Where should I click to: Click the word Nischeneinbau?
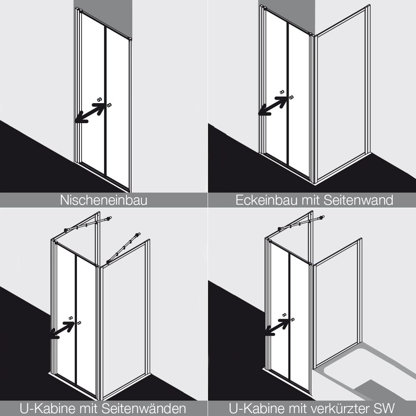click(104, 201)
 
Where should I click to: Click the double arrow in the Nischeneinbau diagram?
click(90, 113)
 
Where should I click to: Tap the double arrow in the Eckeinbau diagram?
click(273, 106)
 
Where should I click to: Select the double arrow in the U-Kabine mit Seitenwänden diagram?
click(62, 330)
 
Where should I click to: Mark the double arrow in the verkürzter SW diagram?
click(277, 327)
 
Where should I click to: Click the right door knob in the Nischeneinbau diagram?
click(109, 105)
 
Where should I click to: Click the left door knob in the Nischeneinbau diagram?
click(99, 100)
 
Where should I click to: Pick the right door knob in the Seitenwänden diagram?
click(79, 323)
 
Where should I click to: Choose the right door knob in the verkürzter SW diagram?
click(292, 319)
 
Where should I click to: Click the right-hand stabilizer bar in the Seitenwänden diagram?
click(124, 248)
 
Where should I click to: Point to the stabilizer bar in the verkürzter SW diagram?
click(301, 223)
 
